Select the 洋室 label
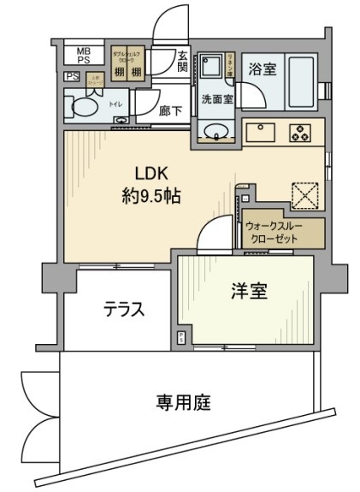coord(249,291)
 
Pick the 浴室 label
coord(263,68)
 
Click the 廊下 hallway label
coord(170,110)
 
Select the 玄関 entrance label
coord(183,62)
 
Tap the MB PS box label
coord(84,56)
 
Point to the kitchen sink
coord(259,133)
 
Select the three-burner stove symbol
coord(299,133)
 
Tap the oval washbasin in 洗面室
coord(214,132)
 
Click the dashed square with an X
coord(304,194)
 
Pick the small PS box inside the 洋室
coord(181,338)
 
